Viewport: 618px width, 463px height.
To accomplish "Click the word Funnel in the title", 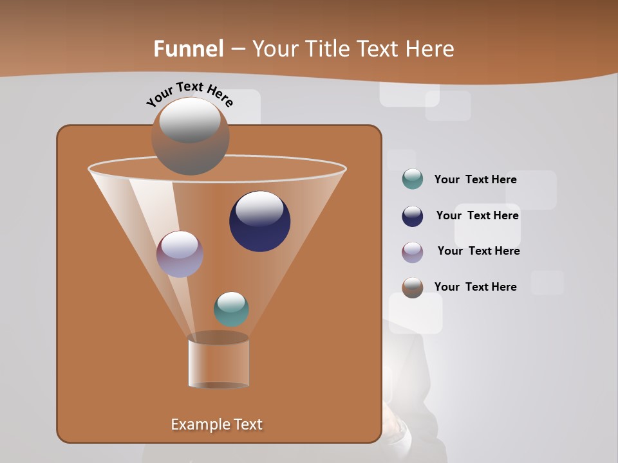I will [189, 49].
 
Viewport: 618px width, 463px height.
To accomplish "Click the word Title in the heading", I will [326, 49].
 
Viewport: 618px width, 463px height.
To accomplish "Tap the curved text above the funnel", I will [190, 94].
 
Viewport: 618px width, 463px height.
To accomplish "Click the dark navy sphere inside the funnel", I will [260, 222].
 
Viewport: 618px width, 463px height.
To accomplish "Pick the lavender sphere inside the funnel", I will [180, 254].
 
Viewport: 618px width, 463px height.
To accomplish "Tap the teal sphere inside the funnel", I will [231, 309].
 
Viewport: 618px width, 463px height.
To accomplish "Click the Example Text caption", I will [216, 424].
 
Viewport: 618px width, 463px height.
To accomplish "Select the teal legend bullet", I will [413, 179].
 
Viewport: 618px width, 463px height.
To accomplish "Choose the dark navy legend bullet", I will [413, 216].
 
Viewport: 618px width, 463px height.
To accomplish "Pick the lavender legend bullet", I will [413, 252].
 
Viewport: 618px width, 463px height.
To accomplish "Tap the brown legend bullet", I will [413, 287].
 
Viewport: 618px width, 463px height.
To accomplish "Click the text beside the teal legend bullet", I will [475, 179].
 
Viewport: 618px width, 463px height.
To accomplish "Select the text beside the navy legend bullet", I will [477, 215].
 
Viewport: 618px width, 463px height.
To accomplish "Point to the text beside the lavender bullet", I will [478, 251].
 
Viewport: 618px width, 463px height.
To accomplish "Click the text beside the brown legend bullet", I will [475, 287].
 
